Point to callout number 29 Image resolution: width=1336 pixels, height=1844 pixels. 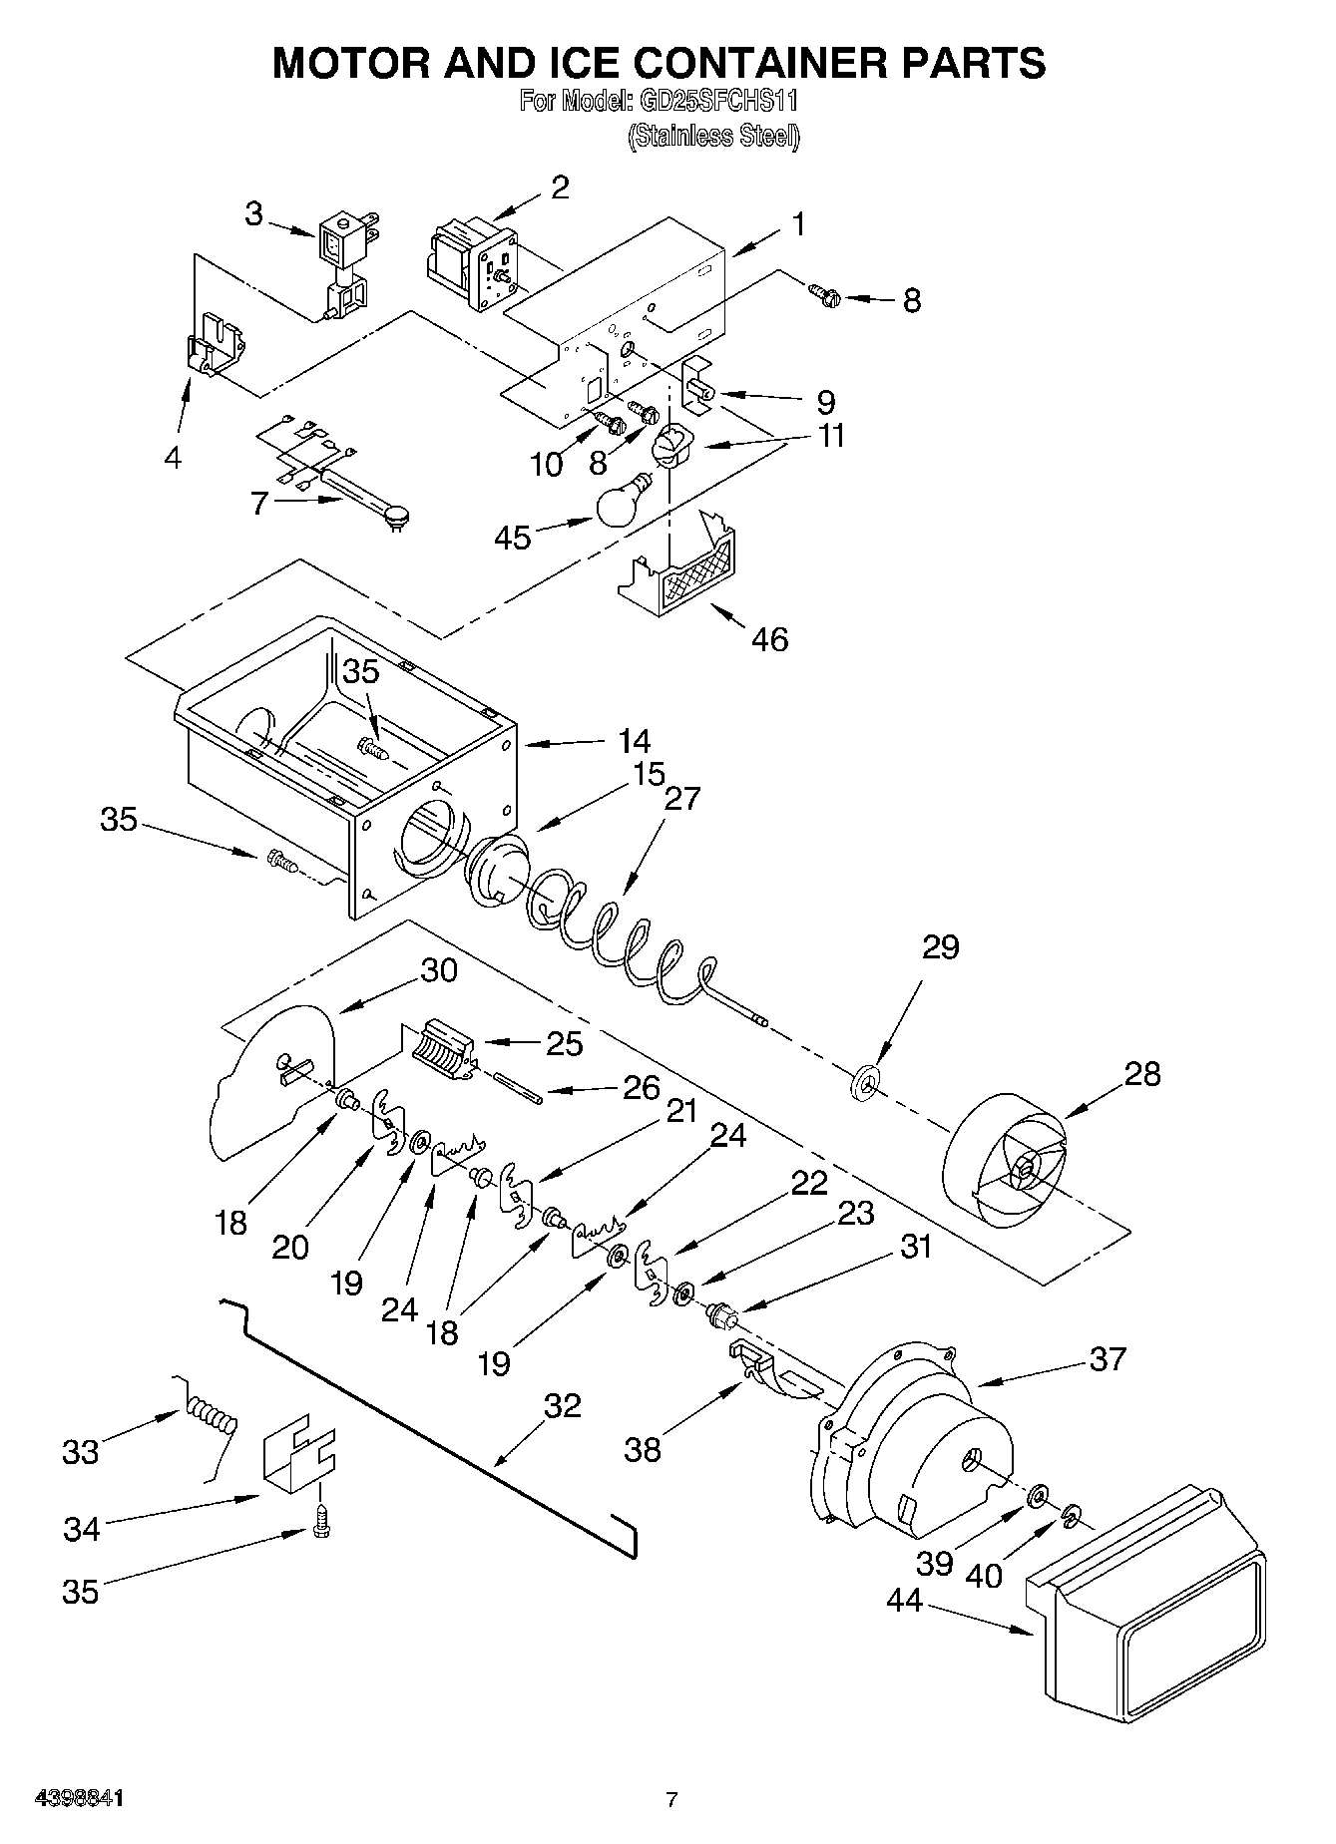pyautogui.click(x=939, y=946)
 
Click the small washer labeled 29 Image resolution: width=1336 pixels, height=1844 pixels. pyautogui.click(x=865, y=1081)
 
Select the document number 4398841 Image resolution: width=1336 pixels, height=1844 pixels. pyautogui.click(x=80, y=1799)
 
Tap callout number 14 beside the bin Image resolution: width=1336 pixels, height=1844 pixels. pyautogui.click(x=634, y=741)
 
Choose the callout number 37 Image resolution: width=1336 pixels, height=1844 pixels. pyautogui.click(x=1109, y=1358)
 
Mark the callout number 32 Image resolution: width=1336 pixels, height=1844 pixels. pyautogui.click(x=563, y=1405)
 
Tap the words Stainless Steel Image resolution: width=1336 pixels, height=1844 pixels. pyautogui.click(x=714, y=137)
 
